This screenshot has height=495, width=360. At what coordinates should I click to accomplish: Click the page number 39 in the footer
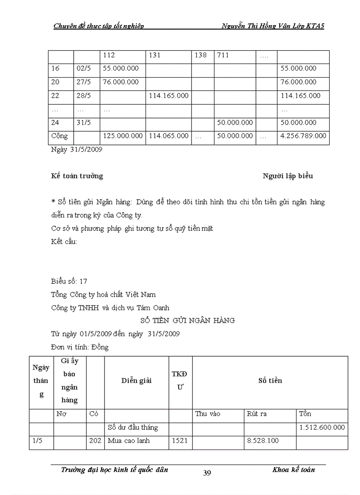207,473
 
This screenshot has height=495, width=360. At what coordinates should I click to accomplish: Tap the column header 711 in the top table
223,56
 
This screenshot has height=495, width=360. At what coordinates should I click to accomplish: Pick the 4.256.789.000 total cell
303,136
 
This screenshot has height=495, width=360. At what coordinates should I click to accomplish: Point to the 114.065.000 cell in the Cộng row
169,136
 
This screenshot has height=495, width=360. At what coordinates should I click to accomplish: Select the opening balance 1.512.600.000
322,427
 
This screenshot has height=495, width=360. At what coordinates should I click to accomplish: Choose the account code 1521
180,440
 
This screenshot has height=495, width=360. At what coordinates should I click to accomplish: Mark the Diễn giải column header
136,380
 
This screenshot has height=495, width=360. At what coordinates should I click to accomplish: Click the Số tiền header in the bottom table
270,380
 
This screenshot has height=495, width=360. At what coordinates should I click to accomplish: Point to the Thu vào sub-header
208,414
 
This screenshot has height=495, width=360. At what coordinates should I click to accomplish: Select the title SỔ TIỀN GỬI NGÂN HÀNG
187,320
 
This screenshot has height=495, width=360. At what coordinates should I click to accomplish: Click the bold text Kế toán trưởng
77,176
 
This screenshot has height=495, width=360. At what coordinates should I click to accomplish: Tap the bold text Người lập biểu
288,176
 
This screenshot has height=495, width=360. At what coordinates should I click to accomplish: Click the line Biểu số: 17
72,281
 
